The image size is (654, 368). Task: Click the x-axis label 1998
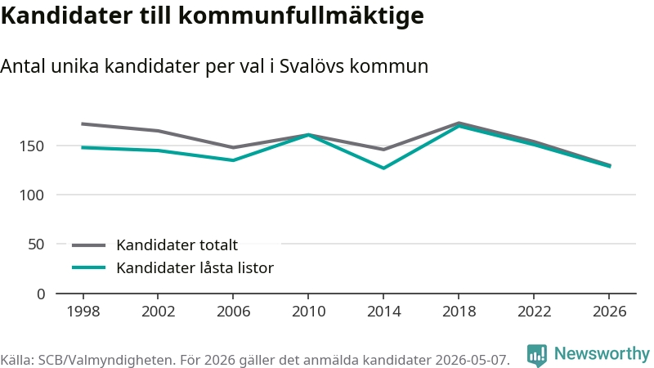pos(83,312)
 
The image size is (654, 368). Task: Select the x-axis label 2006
pos(233,312)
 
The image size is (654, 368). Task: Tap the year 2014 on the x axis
pos(383,312)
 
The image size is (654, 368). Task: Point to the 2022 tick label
pos(534,312)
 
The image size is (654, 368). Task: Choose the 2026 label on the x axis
pos(609,312)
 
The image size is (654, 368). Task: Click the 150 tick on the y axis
pos(31,146)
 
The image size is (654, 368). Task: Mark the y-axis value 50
pos(36,244)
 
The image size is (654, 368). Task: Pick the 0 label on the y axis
pos(40,294)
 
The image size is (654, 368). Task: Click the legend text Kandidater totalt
pos(177,245)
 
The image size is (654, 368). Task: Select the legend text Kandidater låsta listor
pos(195,268)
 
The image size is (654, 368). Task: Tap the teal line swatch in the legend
pos(88,267)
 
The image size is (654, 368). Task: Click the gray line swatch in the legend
pos(88,245)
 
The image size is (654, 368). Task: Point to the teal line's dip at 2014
pos(383,168)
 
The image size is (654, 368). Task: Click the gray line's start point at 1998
pos(83,124)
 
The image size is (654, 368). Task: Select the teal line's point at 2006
pos(233,160)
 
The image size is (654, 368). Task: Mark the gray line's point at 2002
pos(158,131)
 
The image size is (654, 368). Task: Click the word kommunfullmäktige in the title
pos(302,16)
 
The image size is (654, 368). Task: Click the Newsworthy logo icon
pos(537,355)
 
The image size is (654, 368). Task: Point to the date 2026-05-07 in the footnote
pos(472,360)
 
